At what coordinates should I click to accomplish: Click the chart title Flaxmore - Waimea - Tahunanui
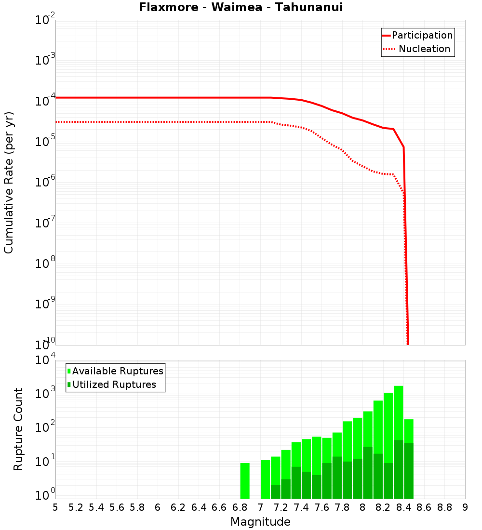click(x=241, y=7)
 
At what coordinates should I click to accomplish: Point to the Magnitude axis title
click(x=260, y=522)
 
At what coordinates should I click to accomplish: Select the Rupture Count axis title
click(x=18, y=429)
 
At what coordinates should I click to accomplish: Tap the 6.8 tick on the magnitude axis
click(x=240, y=507)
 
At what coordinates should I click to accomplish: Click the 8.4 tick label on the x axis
click(x=403, y=507)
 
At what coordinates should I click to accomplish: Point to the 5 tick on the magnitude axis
click(x=55, y=507)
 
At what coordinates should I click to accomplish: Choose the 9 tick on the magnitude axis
click(x=465, y=507)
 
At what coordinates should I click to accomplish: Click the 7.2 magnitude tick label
click(x=281, y=507)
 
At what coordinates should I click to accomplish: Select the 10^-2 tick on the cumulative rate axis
click(x=45, y=21)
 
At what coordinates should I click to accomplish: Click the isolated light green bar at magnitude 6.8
click(x=245, y=481)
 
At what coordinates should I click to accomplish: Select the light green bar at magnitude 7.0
click(x=265, y=479)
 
